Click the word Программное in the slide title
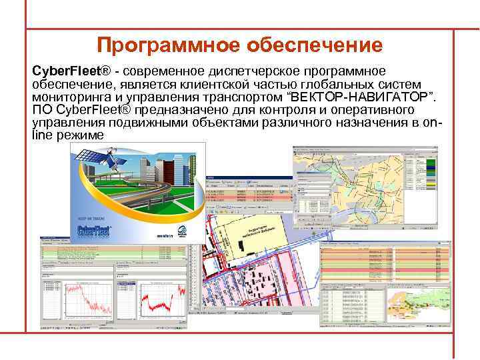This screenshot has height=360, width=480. pos(168,45)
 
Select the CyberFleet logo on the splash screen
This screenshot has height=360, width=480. pos(95,231)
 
